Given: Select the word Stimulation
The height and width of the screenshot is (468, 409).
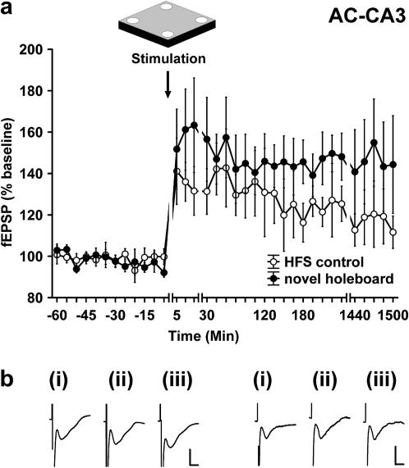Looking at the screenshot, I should pyautogui.click(x=168, y=59).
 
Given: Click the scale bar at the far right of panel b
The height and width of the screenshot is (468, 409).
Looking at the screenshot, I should pyautogui.click(x=397, y=455).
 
